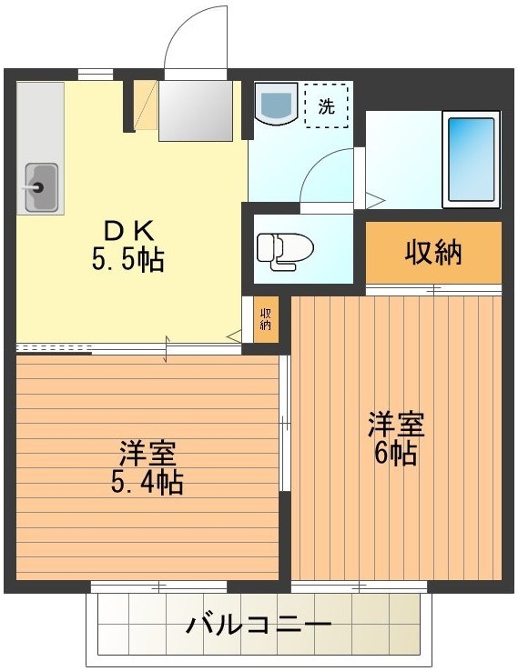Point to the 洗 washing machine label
(x=326, y=105)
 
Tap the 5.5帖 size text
(x=127, y=261)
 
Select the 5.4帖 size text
(x=146, y=481)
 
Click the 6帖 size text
(x=395, y=453)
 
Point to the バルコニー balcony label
(x=259, y=626)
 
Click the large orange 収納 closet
(x=433, y=252)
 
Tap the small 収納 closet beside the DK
(x=266, y=318)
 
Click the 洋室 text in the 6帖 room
(x=395, y=424)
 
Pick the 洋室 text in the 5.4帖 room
(x=146, y=452)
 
